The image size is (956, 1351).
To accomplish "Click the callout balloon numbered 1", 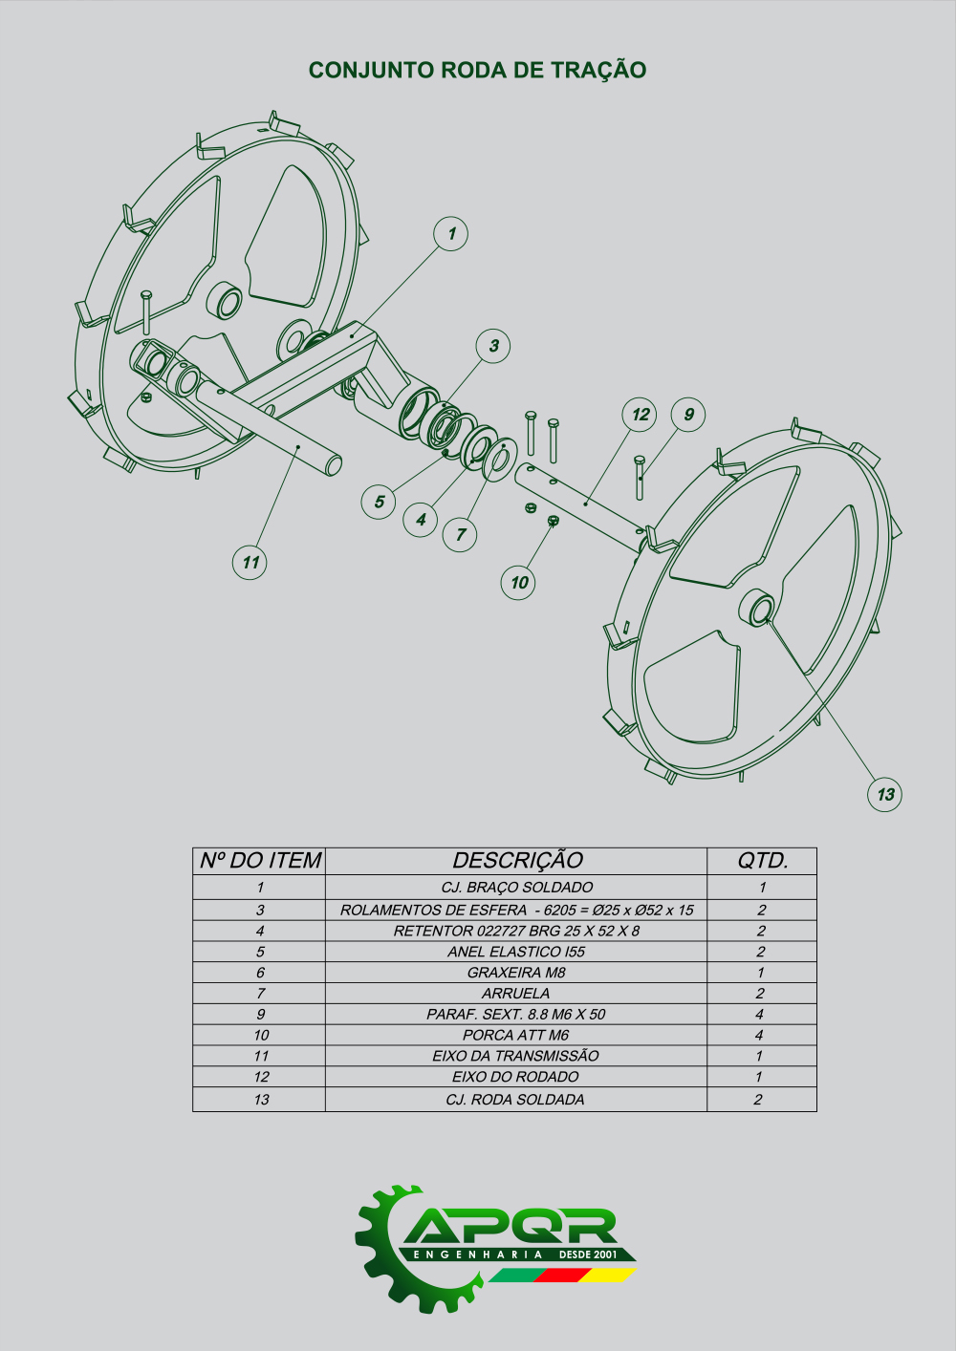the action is pos(451,234).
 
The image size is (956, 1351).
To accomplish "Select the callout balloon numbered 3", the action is pos(493,346).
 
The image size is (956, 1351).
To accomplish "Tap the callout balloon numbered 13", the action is pos(885,794).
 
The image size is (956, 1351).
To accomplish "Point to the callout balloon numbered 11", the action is pos(250,562).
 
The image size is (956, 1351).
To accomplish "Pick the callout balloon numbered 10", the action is pos(518,582).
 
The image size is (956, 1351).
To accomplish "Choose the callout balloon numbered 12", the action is pos(640,415).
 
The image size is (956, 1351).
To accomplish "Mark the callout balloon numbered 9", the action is pos(688,415).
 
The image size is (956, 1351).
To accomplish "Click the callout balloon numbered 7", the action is pos(460,534).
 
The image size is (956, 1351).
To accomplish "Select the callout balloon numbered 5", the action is pos(379,502).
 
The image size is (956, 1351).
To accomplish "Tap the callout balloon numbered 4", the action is pos(421,520).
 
